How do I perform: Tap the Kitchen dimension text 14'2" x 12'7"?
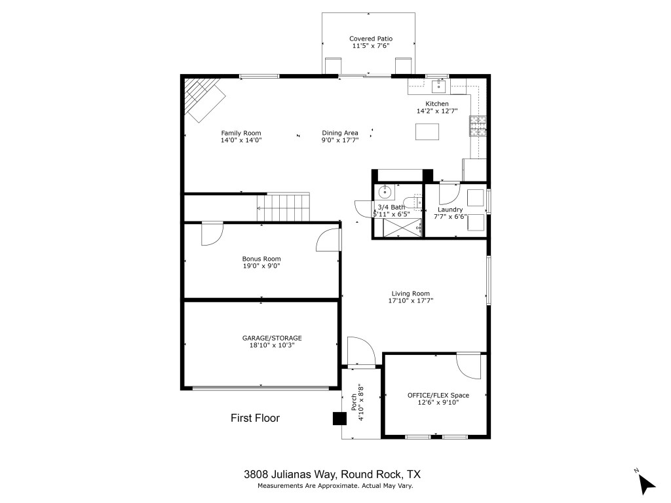[x=437, y=111]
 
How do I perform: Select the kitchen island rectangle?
[x=427, y=132]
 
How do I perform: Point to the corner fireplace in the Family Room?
[x=202, y=98]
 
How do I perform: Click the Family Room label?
[x=240, y=133]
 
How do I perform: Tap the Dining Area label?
[x=339, y=133]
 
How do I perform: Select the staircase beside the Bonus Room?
[x=283, y=208]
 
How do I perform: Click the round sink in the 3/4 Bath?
[x=385, y=193]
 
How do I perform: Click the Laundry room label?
[x=450, y=210]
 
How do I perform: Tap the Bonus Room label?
[x=261, y=259]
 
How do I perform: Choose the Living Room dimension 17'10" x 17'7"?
[x=411, y=301]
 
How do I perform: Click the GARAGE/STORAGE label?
[x=272, y=338]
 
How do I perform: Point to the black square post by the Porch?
[x=339, y=419]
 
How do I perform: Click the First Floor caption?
[x=255, y=418]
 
